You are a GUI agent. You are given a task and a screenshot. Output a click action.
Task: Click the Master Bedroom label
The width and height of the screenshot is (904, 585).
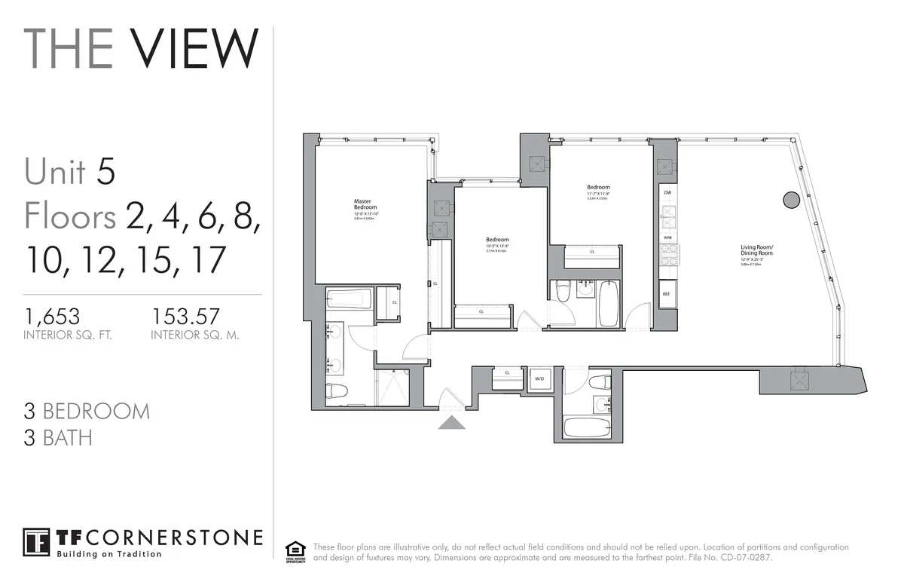tap(365, 204)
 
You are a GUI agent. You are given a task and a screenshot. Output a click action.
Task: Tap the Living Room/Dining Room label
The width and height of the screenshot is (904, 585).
tap(756, 250)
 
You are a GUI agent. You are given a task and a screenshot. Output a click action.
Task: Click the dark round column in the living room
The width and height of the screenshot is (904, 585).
tap(790, 200)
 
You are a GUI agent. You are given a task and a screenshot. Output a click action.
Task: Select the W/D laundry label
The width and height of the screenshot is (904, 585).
tap(539, 378)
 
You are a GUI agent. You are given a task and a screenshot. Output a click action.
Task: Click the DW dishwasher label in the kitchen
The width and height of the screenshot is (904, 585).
tap(667, 193)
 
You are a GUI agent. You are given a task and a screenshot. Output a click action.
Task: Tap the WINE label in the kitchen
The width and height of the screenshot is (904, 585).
tap(667, 237)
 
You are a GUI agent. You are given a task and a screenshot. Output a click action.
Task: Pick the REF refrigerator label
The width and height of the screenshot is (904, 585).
tap(667, 294)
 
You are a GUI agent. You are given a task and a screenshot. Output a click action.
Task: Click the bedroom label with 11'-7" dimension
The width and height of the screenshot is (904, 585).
tap(598, 188)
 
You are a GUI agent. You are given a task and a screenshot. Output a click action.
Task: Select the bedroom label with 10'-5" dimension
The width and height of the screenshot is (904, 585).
tap(497, 240)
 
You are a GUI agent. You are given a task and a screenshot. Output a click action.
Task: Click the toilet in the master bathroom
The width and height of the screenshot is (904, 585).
tap(336, 391)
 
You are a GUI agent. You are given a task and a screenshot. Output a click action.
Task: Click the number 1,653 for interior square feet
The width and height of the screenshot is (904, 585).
tap(51, 315)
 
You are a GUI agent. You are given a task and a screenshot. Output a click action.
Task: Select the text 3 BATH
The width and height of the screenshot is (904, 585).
tap(58, 437)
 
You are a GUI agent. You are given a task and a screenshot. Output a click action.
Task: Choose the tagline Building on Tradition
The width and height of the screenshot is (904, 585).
tap(109, 554)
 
